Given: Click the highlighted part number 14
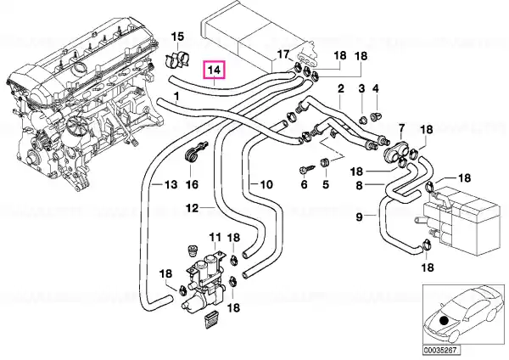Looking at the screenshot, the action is (x=215, y=70).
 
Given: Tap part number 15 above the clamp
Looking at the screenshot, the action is (x=177, y=37).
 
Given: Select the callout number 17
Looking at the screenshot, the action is (x=283, y=54).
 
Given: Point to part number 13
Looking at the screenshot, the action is (x=171, y=184).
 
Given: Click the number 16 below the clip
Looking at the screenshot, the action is (x=192, y=184).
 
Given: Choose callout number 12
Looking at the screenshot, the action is (x=193, y=208).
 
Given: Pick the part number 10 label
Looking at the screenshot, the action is (x=266, y=184).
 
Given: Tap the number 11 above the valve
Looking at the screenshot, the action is (x=215, y=237).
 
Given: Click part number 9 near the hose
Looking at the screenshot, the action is (x=359, y=217).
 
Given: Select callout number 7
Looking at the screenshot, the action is (x=401, y=129).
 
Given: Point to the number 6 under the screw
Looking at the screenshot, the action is (x=304, y=184).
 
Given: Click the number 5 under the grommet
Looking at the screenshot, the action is (x=326, y=184).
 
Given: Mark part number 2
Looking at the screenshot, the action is (x=340, y=88).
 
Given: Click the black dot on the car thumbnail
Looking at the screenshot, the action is (x=444, y=321).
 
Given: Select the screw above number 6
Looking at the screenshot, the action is (x=307, y=169).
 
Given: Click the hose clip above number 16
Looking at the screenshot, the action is (x=195, y=151).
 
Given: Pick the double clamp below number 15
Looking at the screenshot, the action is (x=178, y=60).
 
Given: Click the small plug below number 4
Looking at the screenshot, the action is (x=376, y=116).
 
